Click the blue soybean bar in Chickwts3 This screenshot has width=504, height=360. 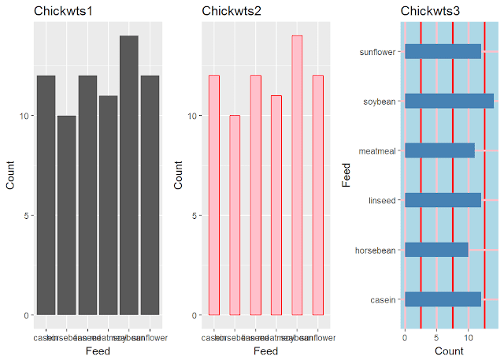pos(449,101)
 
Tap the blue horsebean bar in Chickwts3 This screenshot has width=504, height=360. pos(436,251)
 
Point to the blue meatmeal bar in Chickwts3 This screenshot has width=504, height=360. pos(439,150)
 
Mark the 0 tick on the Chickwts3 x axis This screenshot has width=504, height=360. pos(405,334)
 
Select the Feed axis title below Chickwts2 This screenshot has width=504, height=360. pos(265,351)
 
